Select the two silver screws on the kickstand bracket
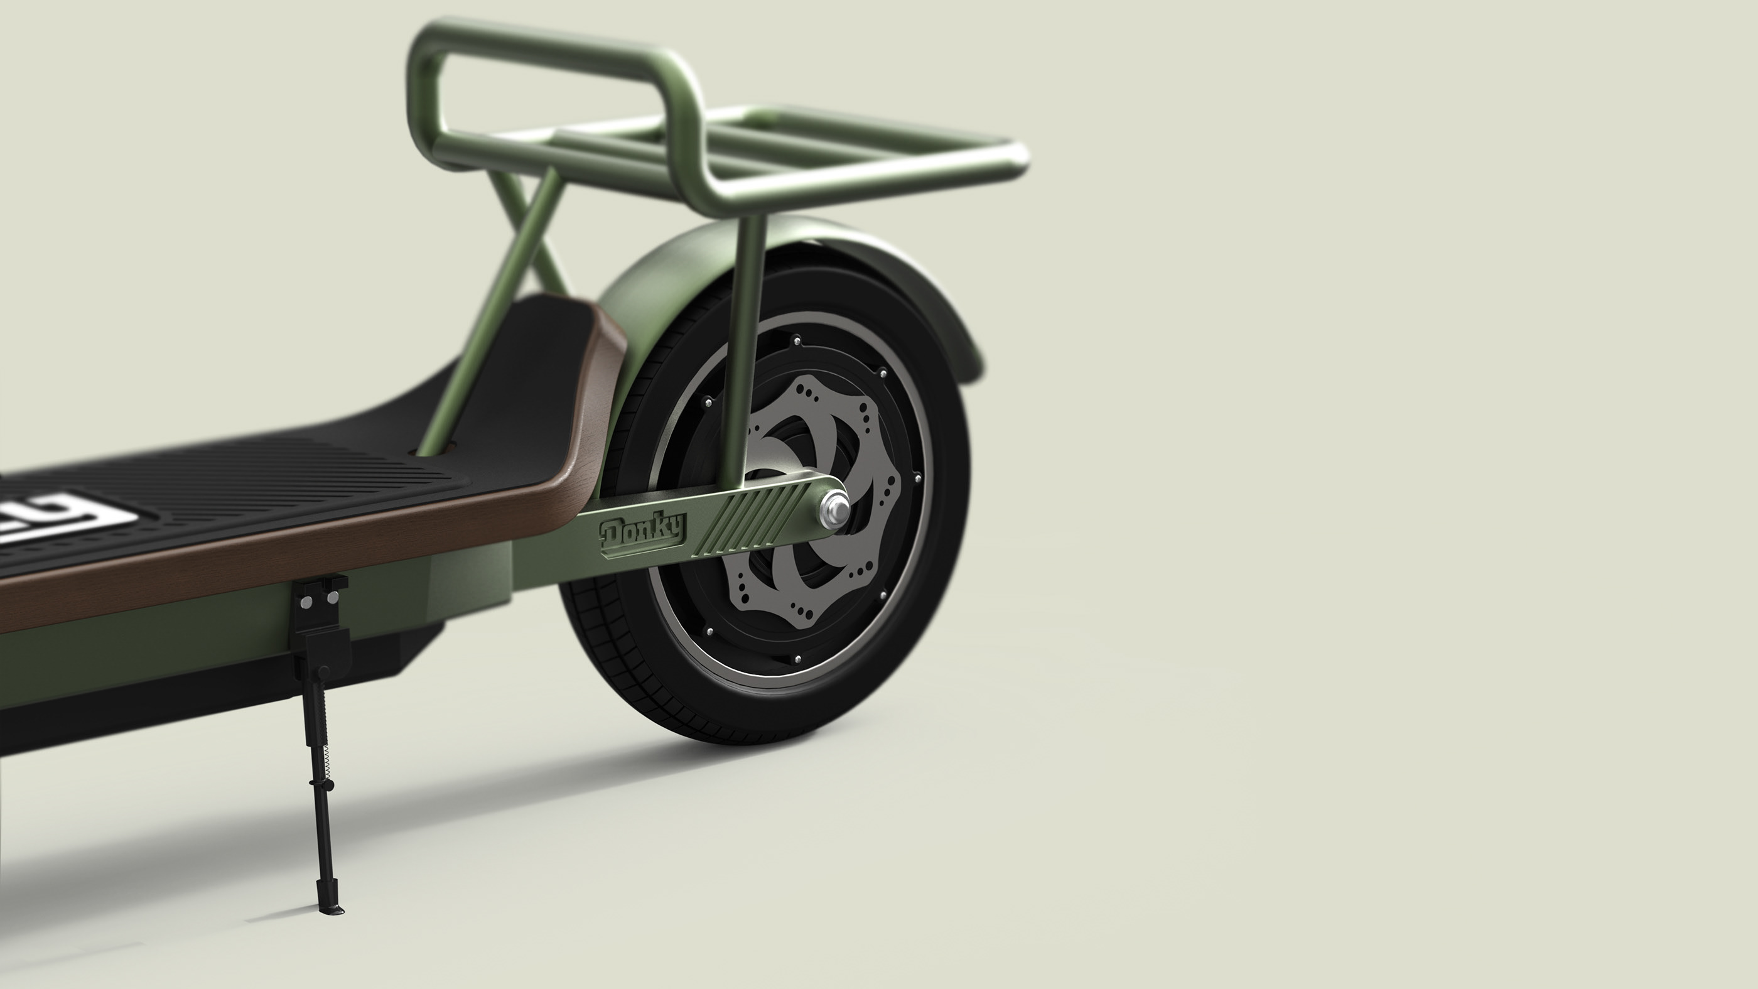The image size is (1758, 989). (x=319, y=600)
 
